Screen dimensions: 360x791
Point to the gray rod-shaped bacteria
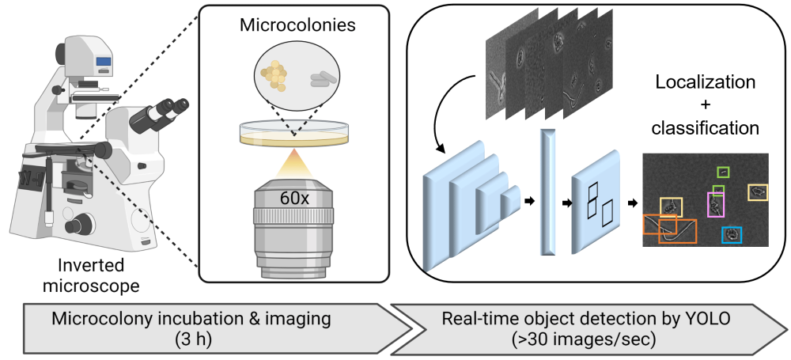322,79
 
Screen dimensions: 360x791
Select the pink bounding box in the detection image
715,205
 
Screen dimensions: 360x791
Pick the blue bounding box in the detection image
732,234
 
